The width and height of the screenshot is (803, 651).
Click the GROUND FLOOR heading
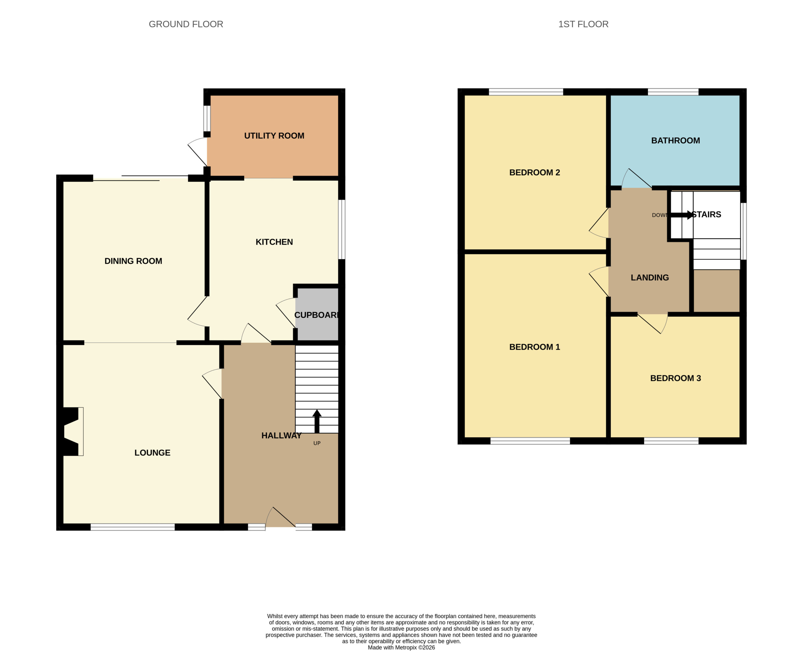[186, 24]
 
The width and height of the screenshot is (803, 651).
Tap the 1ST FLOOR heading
[583, 24]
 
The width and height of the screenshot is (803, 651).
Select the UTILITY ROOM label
[274, 136]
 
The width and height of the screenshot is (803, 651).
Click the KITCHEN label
[274, 242]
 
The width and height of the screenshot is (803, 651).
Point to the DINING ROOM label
[133, 261]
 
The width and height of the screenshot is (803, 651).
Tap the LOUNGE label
[152, 453]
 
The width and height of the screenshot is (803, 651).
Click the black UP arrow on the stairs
[317, 421]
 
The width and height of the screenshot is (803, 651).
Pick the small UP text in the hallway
[317, 443]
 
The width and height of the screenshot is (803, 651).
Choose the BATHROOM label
[675, 140]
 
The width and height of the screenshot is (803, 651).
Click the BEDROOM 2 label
[534, 172]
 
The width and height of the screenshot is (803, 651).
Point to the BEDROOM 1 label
[534, 347]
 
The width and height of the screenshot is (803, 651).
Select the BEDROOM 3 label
[675, 378]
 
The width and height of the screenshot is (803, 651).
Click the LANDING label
[650, 278]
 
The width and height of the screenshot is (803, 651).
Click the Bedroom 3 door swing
[653, 323]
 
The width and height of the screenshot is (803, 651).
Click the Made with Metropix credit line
[401, 647]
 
